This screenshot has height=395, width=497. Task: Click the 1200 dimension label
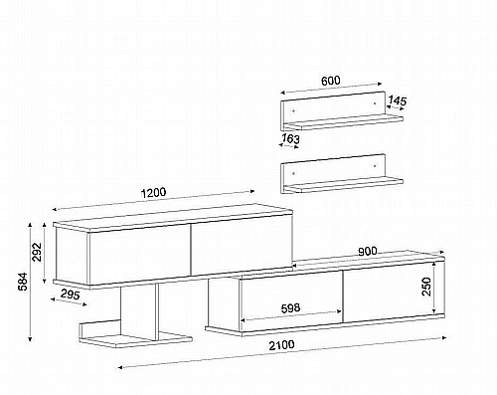(x=153, y=193)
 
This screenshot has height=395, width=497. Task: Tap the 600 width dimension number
(x=331, y=81)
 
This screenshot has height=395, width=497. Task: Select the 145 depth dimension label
(x=397, y=100)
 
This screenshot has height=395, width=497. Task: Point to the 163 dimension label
(x=290, y=138)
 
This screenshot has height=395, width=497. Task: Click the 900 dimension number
(x=368, y=252)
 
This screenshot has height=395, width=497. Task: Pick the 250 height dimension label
(x=426, y=287)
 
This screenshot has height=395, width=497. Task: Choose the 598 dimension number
(x=290, y=308)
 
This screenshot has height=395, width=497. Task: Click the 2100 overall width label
(x=281, y=345)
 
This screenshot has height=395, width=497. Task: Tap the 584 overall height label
(x=23, y=282)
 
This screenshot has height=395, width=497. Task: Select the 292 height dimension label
(x=37, y=252)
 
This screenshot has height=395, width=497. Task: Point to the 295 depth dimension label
(x=71, y=295)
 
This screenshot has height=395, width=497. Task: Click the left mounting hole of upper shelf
(x=293, y=110)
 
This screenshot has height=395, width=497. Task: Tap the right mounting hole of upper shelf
(x=375, y=103)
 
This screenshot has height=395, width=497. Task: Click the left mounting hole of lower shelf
(x=293, y=173)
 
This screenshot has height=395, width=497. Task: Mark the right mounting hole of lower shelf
(x=375, y=166)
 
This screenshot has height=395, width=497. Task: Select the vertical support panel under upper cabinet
(x=138, y=310)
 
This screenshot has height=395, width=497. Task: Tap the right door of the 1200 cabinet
(x=242, y=245)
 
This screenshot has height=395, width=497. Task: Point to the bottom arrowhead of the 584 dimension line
(x=30, y=338)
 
